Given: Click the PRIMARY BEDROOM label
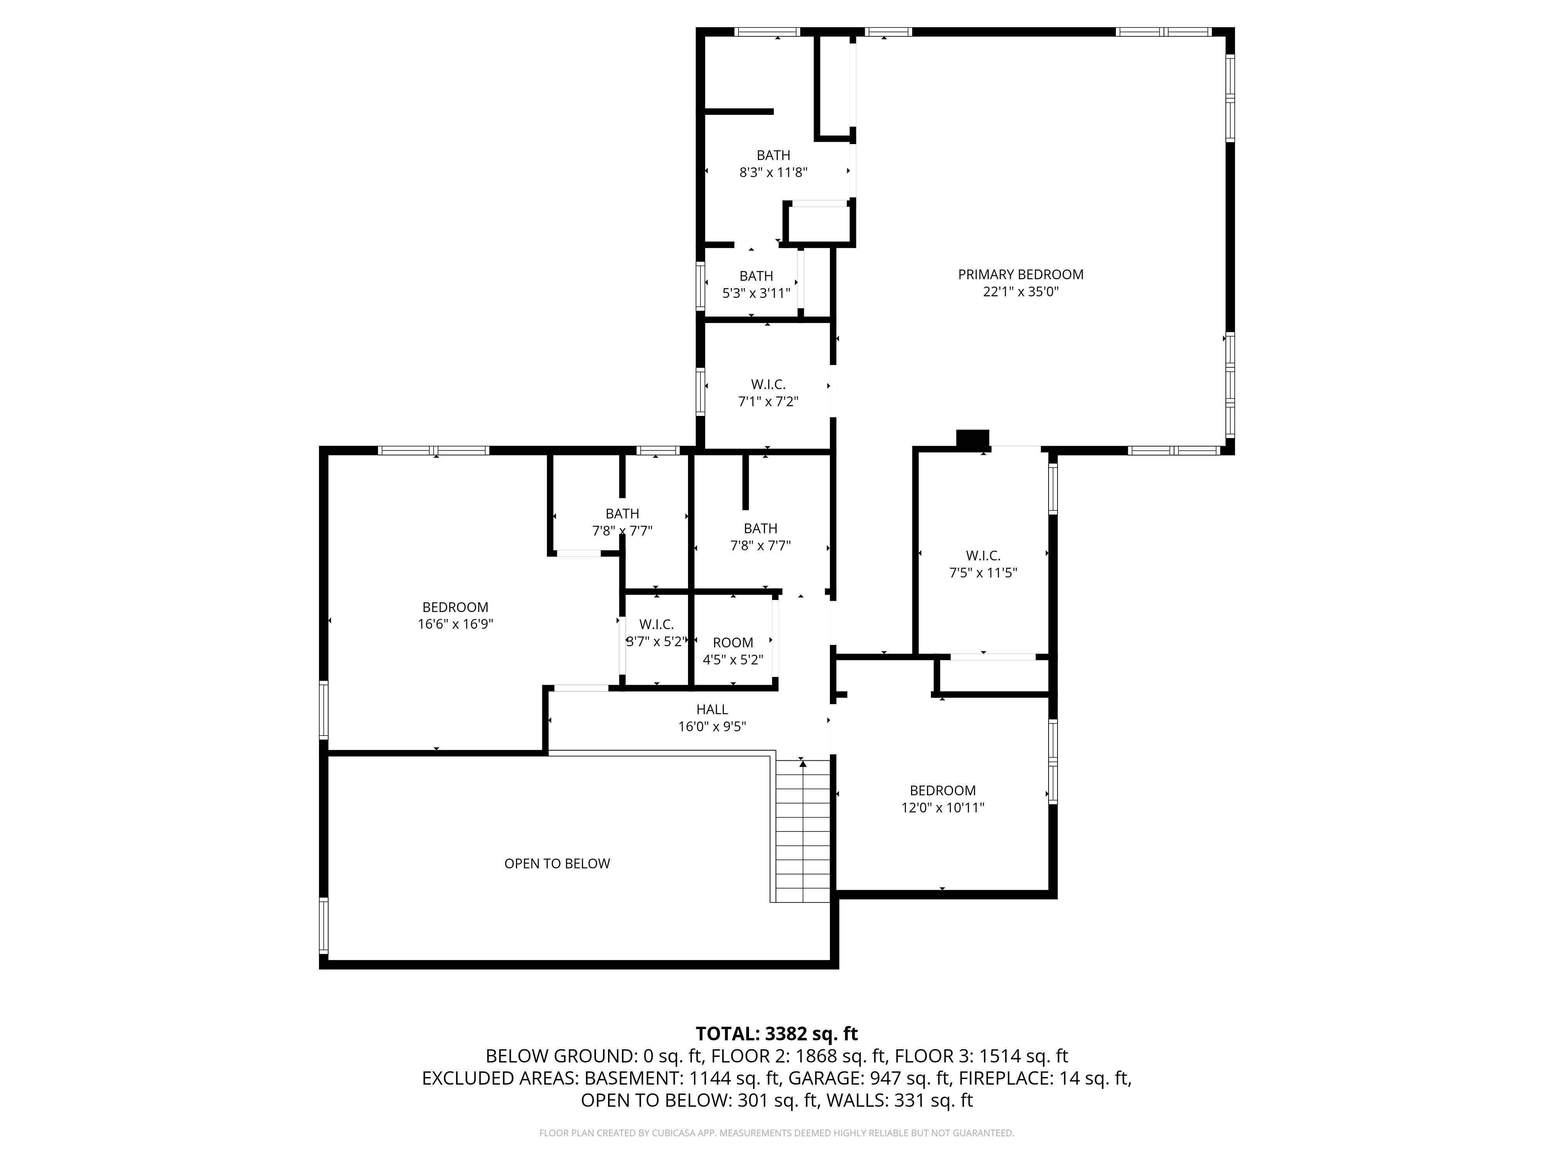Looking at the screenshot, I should (1020, 275).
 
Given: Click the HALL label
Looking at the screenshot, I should (712, 709).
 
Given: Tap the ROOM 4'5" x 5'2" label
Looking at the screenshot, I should (733, 651).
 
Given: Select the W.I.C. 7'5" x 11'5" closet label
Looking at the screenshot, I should (983, 564).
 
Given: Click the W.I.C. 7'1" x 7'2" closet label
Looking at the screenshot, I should (768, 393).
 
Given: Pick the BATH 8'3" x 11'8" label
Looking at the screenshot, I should (773, 163).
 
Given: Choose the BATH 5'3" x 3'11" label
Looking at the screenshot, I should (756, 284).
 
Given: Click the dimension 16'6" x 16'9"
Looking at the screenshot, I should (455, 624).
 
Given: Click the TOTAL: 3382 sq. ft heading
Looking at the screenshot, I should (776, 1034).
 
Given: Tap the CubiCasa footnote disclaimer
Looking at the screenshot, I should (776, 1133).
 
